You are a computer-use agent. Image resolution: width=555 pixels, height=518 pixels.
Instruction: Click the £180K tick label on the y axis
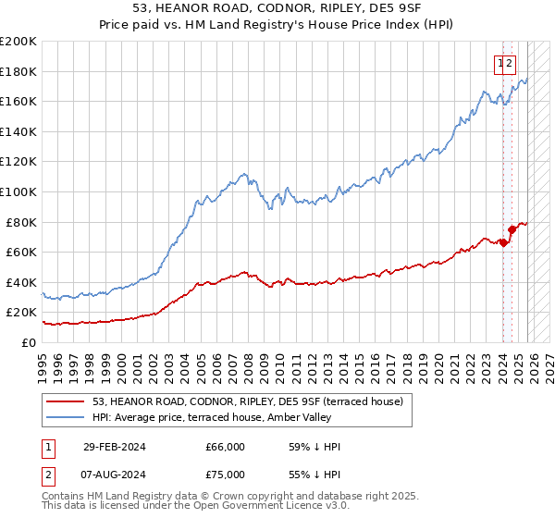click(x=18, y=71)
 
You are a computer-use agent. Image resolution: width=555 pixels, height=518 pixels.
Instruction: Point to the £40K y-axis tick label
click(x=21, y=282)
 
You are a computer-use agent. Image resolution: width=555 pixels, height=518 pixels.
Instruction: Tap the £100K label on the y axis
click(x=18, y=191)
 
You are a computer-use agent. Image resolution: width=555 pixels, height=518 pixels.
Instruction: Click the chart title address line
click(x=277, y=9)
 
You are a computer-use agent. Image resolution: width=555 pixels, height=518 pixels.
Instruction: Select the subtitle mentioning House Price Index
click(x=277, y=26)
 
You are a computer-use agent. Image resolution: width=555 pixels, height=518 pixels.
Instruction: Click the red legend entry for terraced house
click(x=247, y=402)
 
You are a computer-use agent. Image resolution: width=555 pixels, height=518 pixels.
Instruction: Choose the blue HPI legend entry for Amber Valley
click(x=218, y=418)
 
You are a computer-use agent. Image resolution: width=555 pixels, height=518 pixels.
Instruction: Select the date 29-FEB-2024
click(x=115, y=447)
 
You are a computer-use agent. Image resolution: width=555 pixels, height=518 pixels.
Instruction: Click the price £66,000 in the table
click(x=225, y=447)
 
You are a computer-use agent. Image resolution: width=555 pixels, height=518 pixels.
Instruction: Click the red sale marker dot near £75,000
click(x=512, y=228)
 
